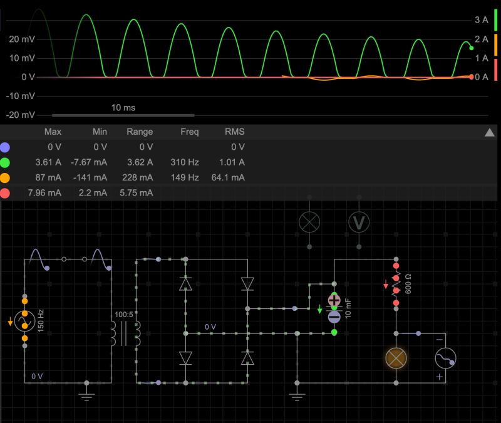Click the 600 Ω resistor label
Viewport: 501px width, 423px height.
[409, 285]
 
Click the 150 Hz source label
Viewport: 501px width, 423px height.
[40, 320]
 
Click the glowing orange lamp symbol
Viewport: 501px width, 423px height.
[395, 358]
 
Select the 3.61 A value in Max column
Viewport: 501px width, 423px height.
[47, 162]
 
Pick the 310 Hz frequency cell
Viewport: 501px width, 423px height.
[185, 162]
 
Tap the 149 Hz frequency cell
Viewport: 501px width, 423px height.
[185, 177]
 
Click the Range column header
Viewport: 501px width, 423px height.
[140, 132]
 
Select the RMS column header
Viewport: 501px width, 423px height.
[234, 132]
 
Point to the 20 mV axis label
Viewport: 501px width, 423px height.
[23, 39]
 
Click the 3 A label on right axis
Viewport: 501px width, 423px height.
[481, 20]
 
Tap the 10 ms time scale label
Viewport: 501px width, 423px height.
[123, 108]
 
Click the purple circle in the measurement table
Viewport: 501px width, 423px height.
[6, 147]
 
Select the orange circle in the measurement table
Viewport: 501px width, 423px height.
[6, 177]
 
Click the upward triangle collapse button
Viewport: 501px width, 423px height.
[490, 132]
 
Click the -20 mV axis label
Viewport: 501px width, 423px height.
[21, 115]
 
